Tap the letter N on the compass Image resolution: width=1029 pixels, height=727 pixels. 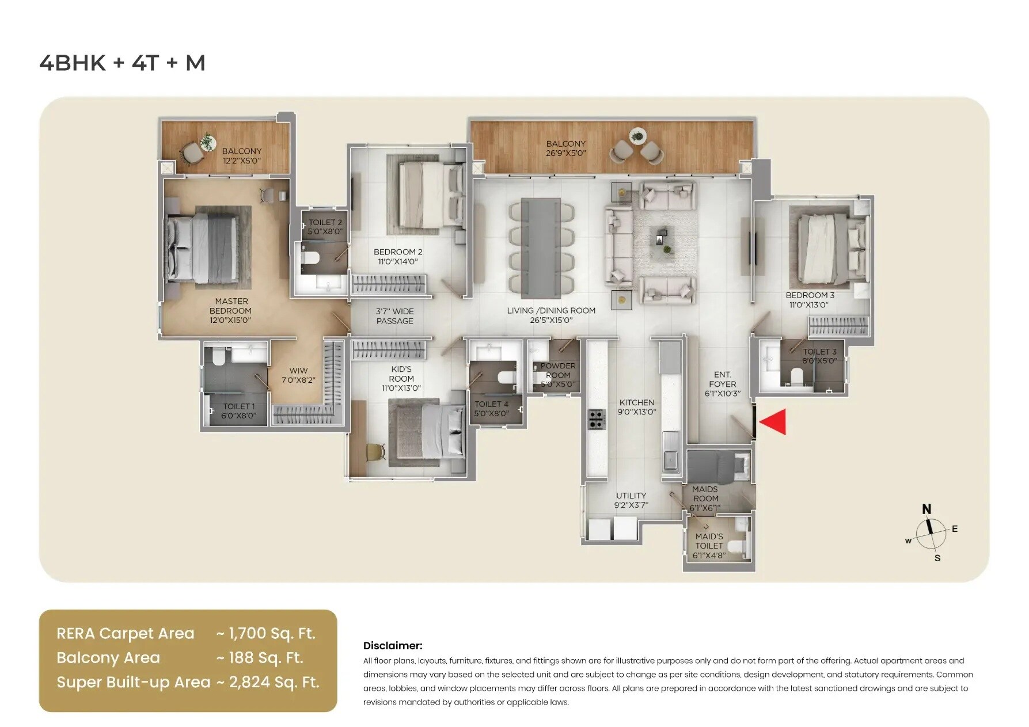tap(927, 509)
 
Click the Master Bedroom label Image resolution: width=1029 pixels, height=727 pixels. tap(231, 310)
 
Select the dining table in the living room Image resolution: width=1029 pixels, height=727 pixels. tap(541, 248)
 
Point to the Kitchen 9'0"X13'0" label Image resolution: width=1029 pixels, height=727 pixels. tap(637, 407)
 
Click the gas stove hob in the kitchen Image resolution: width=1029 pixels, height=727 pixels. tap(596, 419)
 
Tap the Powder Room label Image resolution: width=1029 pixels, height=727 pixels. tap(557, 375)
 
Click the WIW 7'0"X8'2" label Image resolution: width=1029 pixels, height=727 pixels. tap(298, 375)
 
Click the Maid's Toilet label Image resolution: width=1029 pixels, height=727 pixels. tap(709, 546)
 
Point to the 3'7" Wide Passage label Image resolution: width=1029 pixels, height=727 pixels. tap(394, 316)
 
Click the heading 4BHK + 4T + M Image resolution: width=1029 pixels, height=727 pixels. tap(122, 63)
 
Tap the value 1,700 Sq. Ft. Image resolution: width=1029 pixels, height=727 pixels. tap(271, 633)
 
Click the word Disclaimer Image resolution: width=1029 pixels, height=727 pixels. tap(393, 645)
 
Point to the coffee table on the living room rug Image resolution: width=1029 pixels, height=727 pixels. tap(662, 239)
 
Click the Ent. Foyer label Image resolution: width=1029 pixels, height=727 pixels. tap(722, 384)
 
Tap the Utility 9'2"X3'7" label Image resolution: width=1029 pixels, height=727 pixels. tap(631, 500)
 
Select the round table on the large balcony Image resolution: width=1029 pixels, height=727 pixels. tap(637, 136)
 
